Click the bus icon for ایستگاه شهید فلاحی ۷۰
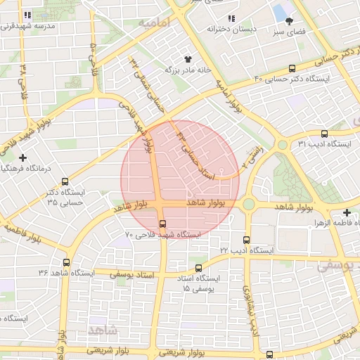163,224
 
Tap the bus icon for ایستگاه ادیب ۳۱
324,133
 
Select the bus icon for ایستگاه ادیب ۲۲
246,240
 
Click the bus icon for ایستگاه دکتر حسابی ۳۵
65,180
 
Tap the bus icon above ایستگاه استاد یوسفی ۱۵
198,268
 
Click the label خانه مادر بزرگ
188,70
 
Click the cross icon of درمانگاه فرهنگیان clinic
23,157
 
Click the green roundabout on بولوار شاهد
248,204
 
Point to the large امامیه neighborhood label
155,23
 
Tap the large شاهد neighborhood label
104,329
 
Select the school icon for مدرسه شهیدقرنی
27,15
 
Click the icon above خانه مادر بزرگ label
188,59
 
